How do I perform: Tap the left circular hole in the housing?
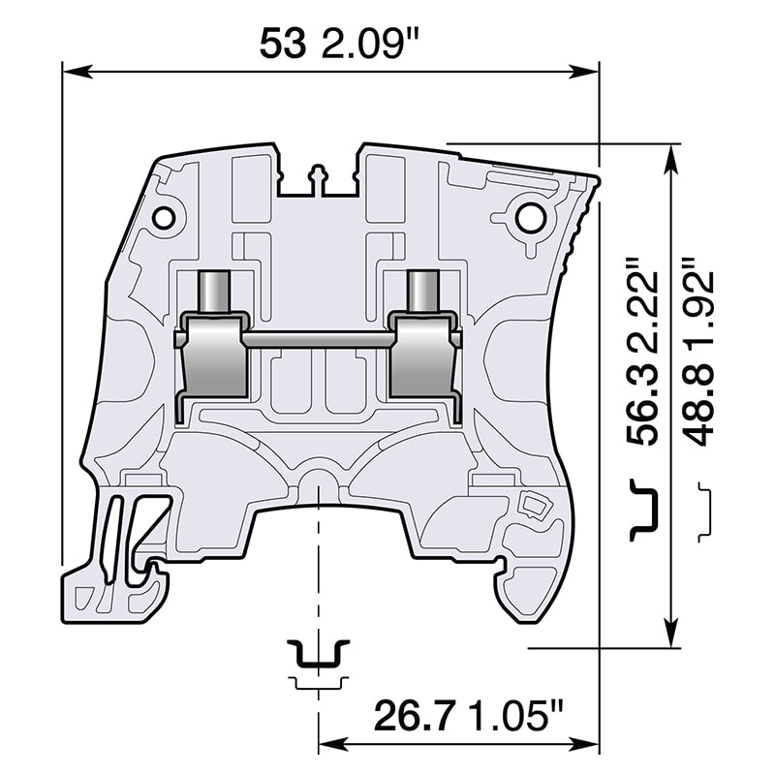pyautogui.click(x=167, y=215)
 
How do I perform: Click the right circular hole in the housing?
pyautogui.click(x=530, y=219)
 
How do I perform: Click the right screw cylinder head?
pyautogui.click(x=422, y=290)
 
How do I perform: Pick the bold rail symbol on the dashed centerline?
pyautogui.click(x=318, y=655)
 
